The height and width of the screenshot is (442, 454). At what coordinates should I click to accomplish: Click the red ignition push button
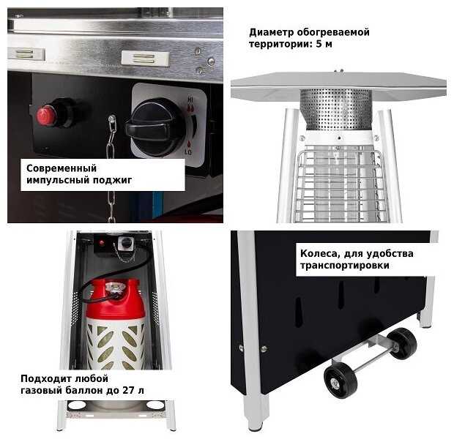tap(46, 116)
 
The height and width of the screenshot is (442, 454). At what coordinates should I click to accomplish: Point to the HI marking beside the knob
tap(190, 100)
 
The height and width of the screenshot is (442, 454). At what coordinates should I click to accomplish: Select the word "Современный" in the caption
tap(62, 168)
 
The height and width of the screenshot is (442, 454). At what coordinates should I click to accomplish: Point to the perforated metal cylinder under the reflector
tap(336, 109)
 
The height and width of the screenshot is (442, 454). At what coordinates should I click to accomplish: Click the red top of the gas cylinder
tap(115, 298)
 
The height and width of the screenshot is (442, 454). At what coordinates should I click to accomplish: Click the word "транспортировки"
tap(345, 265)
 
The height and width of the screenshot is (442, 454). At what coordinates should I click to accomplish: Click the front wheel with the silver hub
tap(340, 381)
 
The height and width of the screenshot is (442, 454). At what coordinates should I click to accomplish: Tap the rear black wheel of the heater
tap(402, 343)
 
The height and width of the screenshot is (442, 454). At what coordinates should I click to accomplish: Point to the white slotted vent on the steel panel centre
tap(145, 59)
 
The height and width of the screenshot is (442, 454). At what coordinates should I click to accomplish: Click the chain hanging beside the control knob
tap(111, 168)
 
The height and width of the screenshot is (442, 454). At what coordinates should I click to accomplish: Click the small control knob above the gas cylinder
tap(126, 242)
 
